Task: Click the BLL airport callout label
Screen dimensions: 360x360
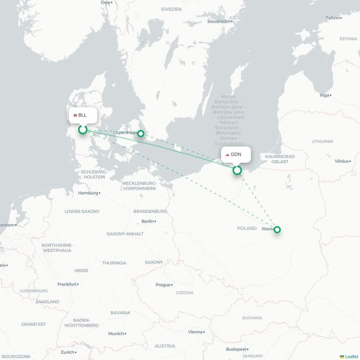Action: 82,115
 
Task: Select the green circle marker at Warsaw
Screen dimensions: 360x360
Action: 277,229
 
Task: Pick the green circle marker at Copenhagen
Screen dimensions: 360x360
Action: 141,133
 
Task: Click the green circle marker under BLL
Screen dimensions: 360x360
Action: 83,130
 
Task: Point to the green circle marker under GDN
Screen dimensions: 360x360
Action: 237,170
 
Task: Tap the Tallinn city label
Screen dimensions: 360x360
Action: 333,18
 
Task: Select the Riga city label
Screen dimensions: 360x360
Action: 324,95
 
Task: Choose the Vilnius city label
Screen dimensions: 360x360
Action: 342,161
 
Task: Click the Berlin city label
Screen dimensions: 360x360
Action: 148,221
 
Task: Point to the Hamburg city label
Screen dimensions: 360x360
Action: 88,193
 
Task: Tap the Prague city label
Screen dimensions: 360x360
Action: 163,285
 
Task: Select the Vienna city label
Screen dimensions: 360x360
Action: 195,332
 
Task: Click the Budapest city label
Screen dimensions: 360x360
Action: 236,349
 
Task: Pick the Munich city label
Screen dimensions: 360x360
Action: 116,334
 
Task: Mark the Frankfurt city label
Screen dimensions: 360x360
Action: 67,284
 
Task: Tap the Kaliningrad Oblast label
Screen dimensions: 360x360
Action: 280,159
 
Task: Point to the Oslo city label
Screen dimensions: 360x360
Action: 106,2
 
